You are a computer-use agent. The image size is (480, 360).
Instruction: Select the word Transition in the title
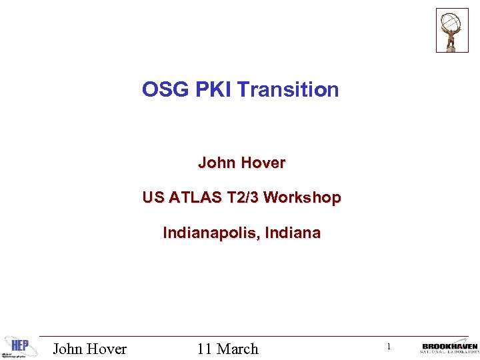click(288, 90)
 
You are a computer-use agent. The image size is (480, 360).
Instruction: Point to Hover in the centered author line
click(264, 163)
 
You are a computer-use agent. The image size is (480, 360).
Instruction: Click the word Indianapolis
click(211, 233)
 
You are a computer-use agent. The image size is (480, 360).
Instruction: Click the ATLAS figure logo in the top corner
click(452, 30)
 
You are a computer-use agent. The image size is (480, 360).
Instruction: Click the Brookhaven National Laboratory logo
click(449, 348)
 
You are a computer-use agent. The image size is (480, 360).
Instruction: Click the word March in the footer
click(237, 349)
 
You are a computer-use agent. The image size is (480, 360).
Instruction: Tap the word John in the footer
click(69, 349)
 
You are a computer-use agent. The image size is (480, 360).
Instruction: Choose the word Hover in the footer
click(107, 349)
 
